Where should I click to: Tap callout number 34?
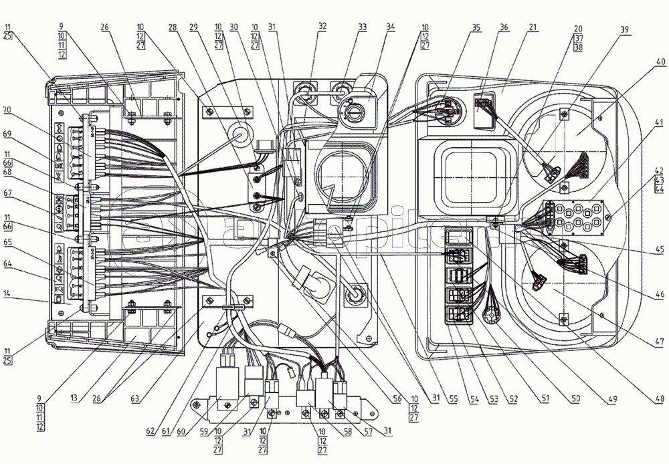(x=391, y=27)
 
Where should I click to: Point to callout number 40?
(x=660, y=62)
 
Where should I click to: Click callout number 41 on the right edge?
(x=660, y=122)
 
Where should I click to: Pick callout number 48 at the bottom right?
(x=660, y=399)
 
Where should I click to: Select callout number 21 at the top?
(x=533, y=27)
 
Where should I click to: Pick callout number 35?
(x=476, y=27)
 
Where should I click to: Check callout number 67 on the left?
(x=7, y=193)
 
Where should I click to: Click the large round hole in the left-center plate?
(x=238, y=132)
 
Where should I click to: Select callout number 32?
(x=322, y=27)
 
